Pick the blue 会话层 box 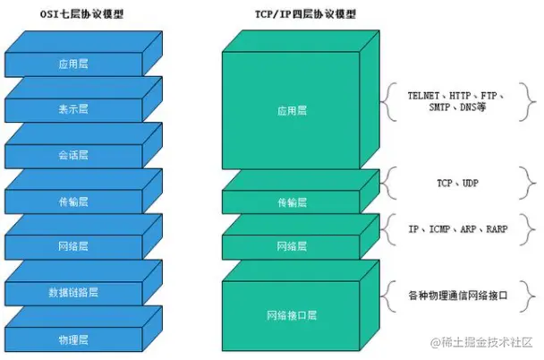72,155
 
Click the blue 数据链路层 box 72,293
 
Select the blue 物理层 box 72,340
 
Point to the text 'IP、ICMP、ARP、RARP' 457,229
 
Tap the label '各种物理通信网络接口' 457,294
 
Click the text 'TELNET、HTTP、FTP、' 457,95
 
